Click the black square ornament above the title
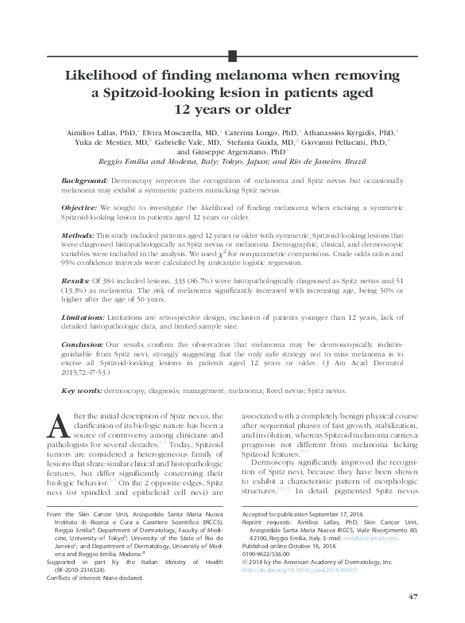click(232, 56)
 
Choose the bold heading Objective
click(79, 206)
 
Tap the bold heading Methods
click(77, 236)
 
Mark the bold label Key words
click(81, 391)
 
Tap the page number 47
click(412, 596)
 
